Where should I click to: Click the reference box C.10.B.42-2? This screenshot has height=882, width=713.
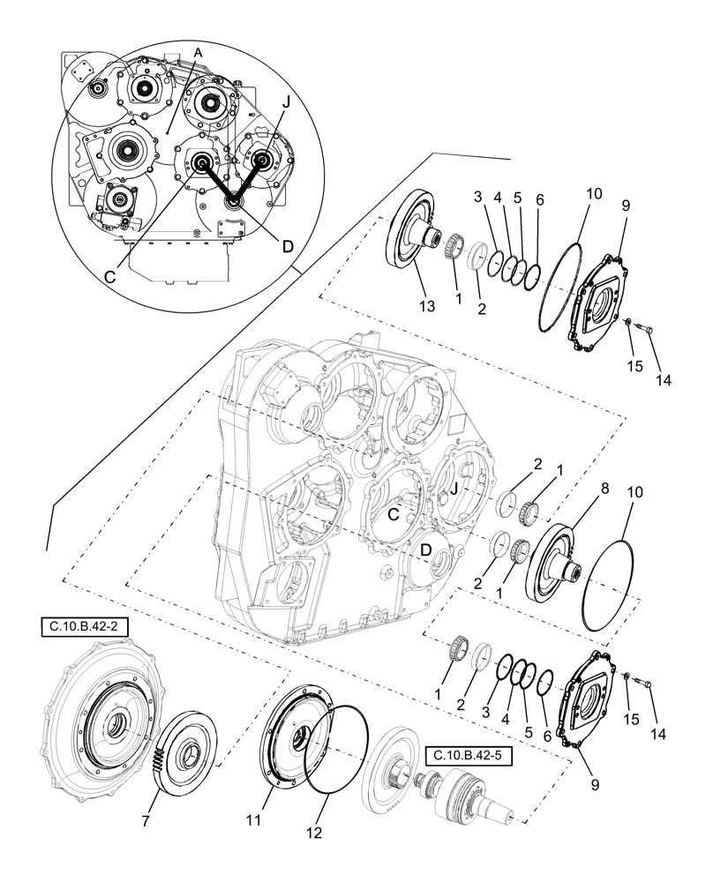click(85, 627)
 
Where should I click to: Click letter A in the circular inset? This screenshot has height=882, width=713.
click(198, 53)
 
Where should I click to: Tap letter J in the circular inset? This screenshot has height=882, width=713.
click(285, 102)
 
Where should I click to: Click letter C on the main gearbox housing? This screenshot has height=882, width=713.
click(394, 514)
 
